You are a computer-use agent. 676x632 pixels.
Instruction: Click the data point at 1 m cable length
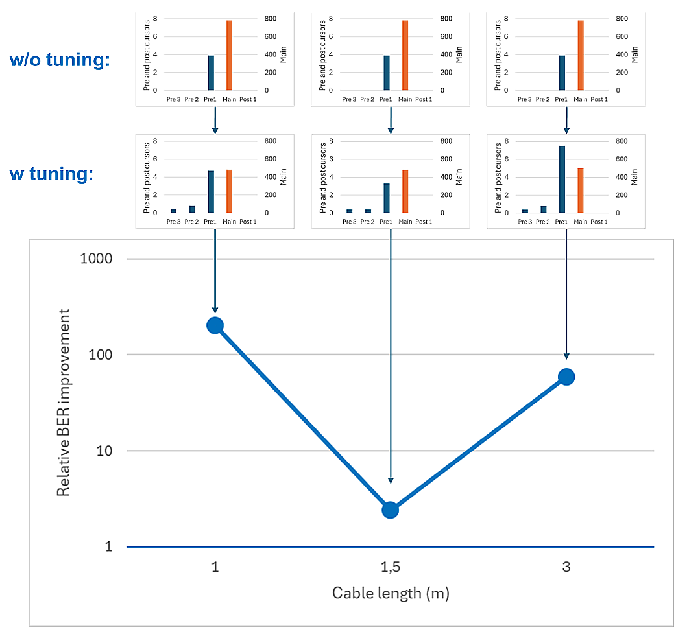pyautogui.click(x=215, y=325)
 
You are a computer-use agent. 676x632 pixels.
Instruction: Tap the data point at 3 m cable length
pyautogui.click(x=566, y=377)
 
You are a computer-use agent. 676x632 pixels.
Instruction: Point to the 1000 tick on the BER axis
pyautogui.click(x=96, y=259)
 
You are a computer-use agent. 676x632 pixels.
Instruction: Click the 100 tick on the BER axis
pyautogui.click(x=100, y=355)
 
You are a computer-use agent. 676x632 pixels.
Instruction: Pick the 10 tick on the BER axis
pyautogui.click(x=104, y=451)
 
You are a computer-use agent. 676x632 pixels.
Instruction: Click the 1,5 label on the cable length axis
pyautogui.click(x=391, y=567)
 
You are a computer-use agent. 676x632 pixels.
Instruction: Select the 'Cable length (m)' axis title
pyautogui.click(x=391, y=593)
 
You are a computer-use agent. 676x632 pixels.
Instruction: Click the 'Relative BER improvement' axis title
pyautogui.click(x=64, y=403)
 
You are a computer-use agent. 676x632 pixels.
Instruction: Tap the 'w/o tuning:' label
pyautogui.click(x=60, y=60)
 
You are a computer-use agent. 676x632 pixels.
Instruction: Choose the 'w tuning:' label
pyautogui.click(x=51, y=174)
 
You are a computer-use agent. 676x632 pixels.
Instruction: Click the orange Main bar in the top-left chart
pyautogui.click(x=230, y=55)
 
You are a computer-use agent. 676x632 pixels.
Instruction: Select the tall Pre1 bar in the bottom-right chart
pyautogui.click(x=562, y=179)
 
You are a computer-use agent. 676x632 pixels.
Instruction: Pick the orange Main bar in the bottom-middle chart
pyautogui.click(x=405, y=191)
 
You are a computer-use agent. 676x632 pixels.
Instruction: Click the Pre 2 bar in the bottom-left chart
pyautogui.click(x=192, y=209)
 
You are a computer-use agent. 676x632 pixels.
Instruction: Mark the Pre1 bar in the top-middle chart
pyautogui.click(x=387, y=73)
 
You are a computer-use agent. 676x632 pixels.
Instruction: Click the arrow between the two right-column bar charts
pyautogui.click(x=566, y=120)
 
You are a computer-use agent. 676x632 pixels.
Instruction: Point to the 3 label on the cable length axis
pyautogui.click(x=566, y=567)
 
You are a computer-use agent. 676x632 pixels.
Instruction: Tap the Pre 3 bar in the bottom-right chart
pyautogui.click(x=525, y=211)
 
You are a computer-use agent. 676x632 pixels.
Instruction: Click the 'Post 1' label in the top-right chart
pyautogui.click(x=599, y=99)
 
